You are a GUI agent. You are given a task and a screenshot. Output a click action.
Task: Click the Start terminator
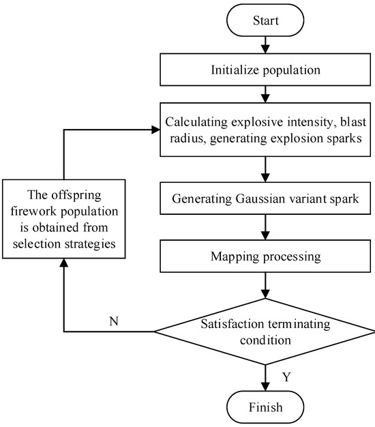[x=265, y=20]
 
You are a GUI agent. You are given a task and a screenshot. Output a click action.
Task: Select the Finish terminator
[x=265, y=407]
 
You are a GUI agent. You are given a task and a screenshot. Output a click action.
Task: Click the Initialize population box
[x=265, y=70]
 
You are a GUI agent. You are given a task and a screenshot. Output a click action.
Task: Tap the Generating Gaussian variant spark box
[x=265, y=198]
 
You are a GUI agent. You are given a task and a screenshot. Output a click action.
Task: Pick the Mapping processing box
[x=265, y=256]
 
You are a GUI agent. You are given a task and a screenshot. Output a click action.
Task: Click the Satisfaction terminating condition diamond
[x=265, y=332]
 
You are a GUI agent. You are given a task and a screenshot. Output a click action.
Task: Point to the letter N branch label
[x=114, y=321]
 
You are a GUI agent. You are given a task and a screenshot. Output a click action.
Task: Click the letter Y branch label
[x=286, y=377]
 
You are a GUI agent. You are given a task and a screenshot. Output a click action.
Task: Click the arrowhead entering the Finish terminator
[x=265, y=387]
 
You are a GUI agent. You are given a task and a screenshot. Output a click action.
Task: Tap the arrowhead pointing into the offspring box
[x=64, y=263]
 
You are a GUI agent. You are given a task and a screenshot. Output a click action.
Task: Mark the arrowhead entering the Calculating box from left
[x=155, y=130]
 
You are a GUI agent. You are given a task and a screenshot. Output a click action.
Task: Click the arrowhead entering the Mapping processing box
[x=265, y=235]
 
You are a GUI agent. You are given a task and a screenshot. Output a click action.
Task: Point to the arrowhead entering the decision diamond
[x=265, y=295]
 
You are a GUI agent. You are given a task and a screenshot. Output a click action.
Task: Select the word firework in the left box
[x=33, y=211]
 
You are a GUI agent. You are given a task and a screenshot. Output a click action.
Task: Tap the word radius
[x=187, y=138]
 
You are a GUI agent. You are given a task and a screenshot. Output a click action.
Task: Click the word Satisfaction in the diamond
[x=232, y=324]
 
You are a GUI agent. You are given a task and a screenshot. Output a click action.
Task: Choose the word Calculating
[x=196, y=122]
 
